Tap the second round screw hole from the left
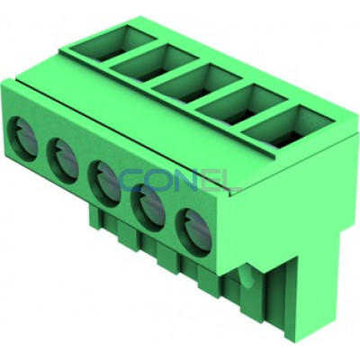(63, 161)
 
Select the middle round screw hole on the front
(104, 184)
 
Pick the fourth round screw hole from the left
(148, 207)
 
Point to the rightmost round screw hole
(193, 231)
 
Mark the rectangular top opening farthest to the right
(289, 126)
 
